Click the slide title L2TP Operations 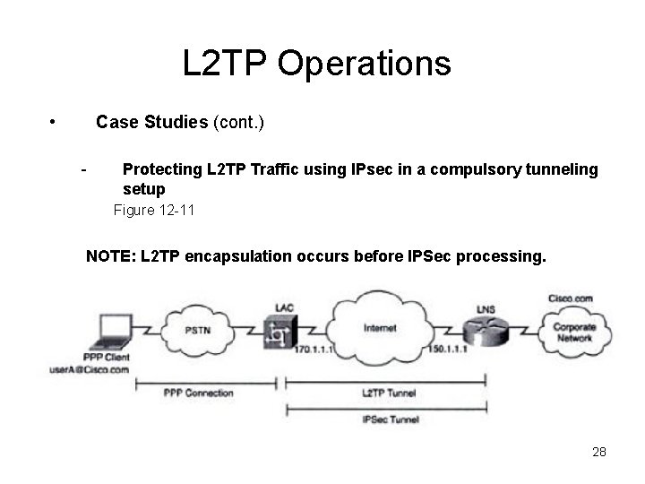point(316,64)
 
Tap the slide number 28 point(599,451)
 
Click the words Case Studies point(151,121)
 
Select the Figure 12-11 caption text point(154,211)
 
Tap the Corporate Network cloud point(574,333)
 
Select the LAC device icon point(283,333)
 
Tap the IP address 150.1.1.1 point(448,349)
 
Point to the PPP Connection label point(198,392)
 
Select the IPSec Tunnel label point(390,419)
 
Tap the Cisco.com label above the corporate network point(570,298)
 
